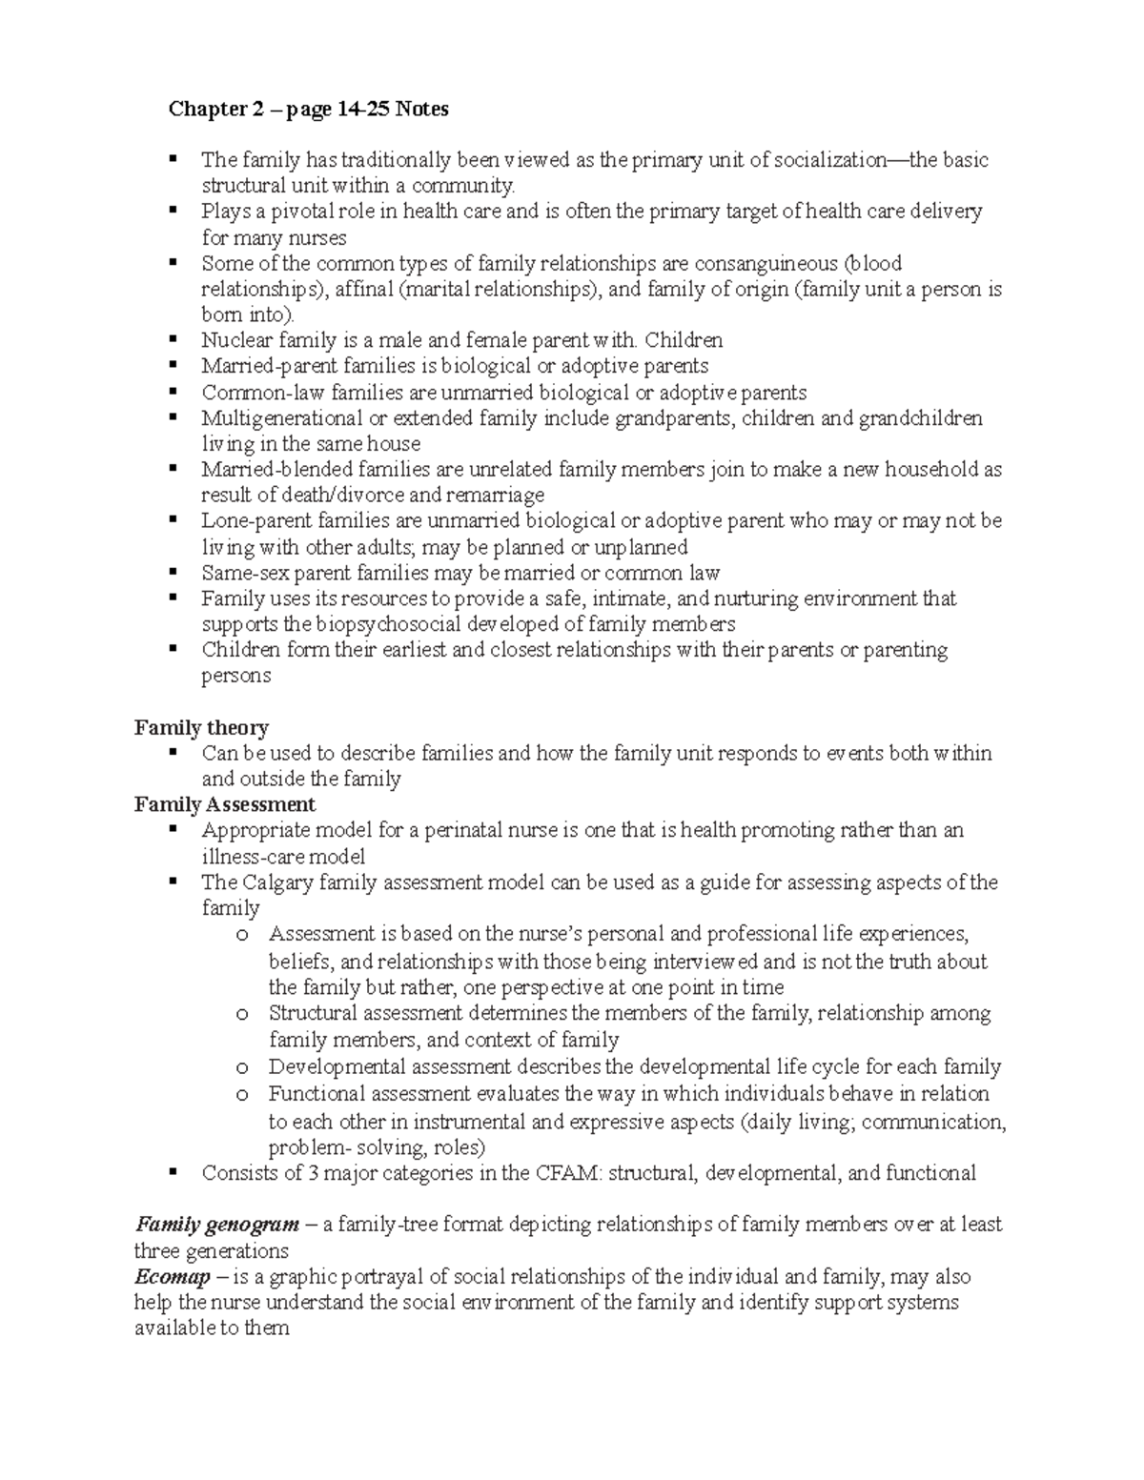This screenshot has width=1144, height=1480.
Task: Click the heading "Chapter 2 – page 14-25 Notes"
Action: pos(308,110)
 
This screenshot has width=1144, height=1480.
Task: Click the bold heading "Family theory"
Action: pos(201,728)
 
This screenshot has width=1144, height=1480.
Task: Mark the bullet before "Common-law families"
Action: pos(173,391)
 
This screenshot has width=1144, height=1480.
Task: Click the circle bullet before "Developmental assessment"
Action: pos(243,1068)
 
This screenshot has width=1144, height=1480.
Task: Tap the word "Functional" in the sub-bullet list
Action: pos(316,1094)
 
